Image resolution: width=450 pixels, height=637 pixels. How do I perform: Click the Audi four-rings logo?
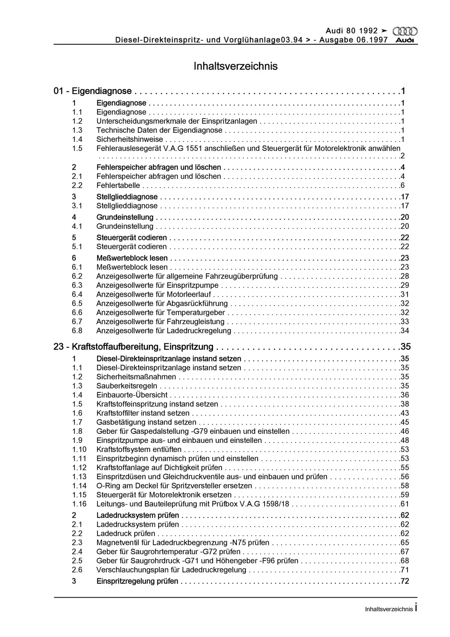pos(405,32)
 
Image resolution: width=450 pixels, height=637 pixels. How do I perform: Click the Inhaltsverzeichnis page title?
pos(235,66)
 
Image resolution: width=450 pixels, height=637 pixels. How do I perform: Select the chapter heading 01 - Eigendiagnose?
pos(93,91)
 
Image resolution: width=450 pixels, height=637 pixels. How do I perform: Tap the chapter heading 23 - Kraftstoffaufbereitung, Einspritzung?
pos(133,347)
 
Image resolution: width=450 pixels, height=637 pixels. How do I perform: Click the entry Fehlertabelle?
pos(118,185)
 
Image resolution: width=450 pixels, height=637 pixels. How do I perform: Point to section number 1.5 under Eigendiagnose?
pos(77,148)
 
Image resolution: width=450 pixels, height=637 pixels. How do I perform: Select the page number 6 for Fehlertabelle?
pos(403,185)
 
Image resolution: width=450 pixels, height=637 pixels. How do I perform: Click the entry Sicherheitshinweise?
pos(130,139)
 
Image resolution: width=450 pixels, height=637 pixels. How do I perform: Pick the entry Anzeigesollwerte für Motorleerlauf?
pos(154,294)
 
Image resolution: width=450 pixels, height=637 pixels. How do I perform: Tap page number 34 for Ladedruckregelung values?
pos(405,330)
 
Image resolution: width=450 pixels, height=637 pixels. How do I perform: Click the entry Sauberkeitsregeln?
pos(127,386)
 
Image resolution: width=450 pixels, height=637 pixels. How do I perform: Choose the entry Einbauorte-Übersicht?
pos(132,395)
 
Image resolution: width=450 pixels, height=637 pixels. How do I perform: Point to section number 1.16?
pos(79,504)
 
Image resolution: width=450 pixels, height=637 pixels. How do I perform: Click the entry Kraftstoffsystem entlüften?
pos(139,450)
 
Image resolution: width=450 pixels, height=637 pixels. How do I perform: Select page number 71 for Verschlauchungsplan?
pos(405,570)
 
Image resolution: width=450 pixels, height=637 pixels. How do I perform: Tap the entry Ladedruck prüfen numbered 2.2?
pos(126,533)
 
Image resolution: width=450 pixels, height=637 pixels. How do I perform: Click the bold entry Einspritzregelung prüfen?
pos(137,581)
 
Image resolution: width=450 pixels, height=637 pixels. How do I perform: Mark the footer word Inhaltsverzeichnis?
pos(389,609)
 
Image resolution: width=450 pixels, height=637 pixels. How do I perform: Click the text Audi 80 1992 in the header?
pos(352,31)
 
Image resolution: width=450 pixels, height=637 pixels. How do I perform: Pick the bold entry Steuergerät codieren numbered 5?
pos(132,238)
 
